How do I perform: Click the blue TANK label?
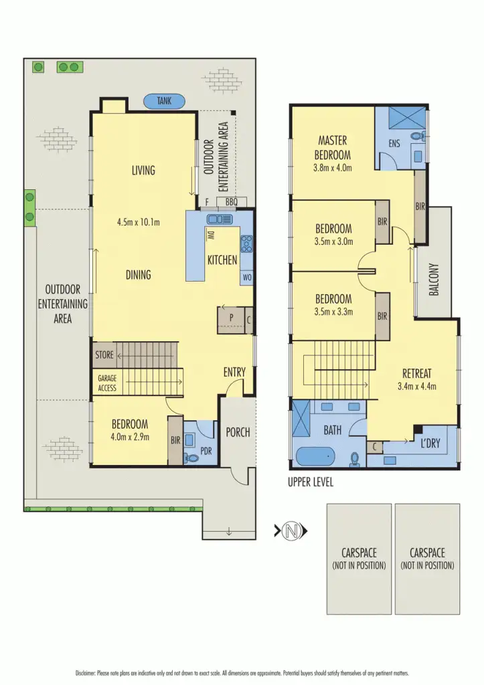(x=164, y=101)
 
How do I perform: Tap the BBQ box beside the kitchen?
(x=232, y=201)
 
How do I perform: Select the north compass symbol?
(x=291, y=532)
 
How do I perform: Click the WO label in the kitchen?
(x=246, y=277)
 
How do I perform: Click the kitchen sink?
(x=218, y=218)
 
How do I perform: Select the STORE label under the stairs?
(x=104, y=355)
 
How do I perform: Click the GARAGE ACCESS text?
(x=107, y=383)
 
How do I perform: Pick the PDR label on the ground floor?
(x=206, y=451)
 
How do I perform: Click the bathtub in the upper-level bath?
(x=314, y=458)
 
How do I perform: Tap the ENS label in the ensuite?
(x=394, y=144)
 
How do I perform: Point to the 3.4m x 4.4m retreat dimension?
(x=417, y=386)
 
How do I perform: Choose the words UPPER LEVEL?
(x=311, y=482)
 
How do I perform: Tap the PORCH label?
(x=238, y=432)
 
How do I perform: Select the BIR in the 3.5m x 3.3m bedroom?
(x=382, y=316)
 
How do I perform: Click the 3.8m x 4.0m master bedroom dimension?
(x=333, y=168)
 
